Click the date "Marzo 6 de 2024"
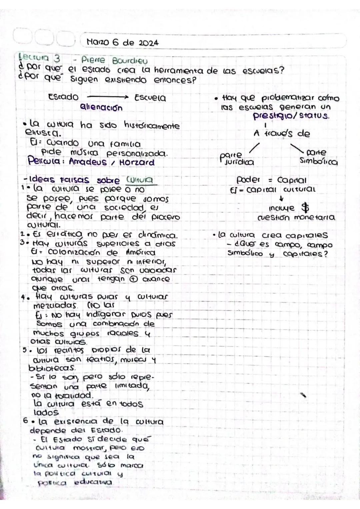click(x=122, y=43)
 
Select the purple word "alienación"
click(x=101, y=108)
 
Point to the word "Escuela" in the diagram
click(x=150, y=98)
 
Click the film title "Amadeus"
click(x=88, y=162)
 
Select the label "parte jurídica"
click(x=237, y=159)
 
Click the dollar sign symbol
click(x=305, y=208)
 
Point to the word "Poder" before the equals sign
click(x=248, y=180)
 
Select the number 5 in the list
click(x=25, y=350)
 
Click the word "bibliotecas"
click(x=52, y=368)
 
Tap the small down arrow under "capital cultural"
click(x=282, y=199)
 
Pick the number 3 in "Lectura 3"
click(x=57, y=59)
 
